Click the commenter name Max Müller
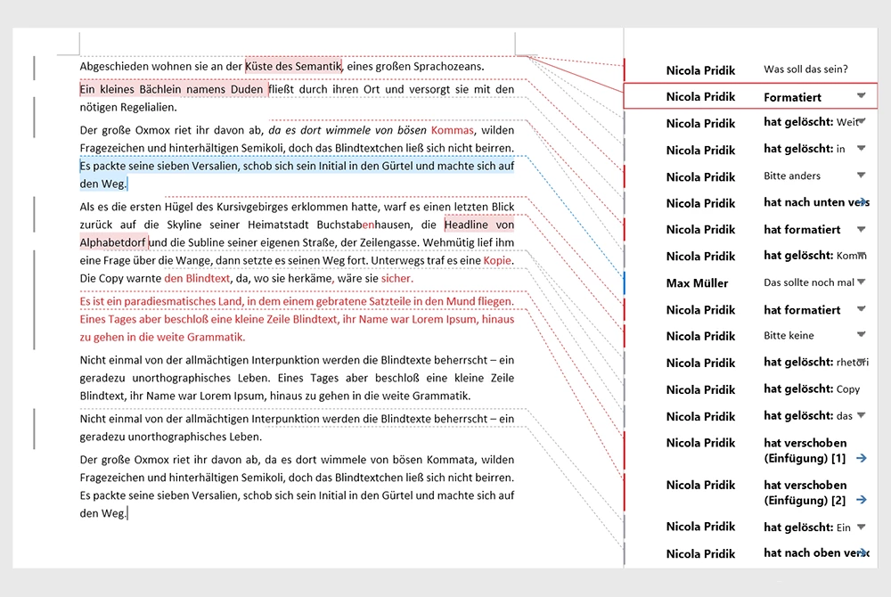pos(697,283)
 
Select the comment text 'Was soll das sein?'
pos(805,70)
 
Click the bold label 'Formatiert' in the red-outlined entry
pos(792,96)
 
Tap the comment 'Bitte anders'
pos(792,176)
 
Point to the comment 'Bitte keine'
pos(789,336)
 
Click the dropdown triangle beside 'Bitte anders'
pos(861,176)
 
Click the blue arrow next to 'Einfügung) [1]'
pos(861,458)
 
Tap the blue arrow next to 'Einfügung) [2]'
pos(861,500)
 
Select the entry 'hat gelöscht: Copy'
pos(812,389)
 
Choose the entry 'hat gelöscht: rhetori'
pos(814,363)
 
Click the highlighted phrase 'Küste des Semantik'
pos(293,65)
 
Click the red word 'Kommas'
pos(452,130)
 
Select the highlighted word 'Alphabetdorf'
pos(113,242)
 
